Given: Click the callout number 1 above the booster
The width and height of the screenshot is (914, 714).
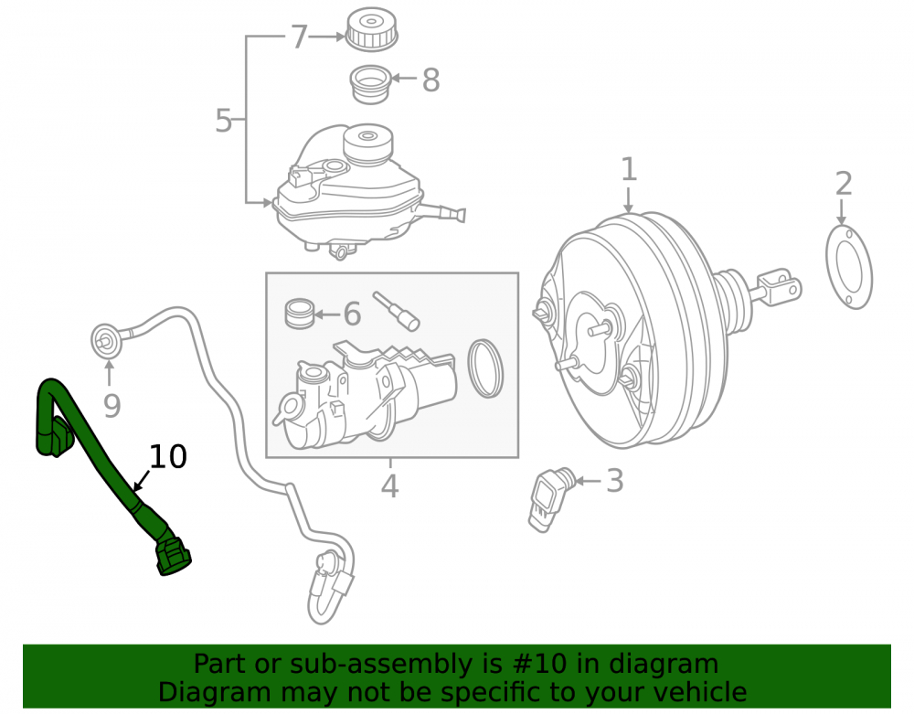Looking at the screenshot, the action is click(x=629, y=170).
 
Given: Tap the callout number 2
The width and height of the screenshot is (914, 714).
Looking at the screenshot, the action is click(x=844, y=184).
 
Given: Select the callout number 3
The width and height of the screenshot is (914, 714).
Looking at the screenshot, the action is click(x=615, y=481).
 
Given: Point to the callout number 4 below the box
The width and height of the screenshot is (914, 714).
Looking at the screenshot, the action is click(x=389, y=486).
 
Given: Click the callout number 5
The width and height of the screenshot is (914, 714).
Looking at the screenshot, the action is click(x=224, y=121).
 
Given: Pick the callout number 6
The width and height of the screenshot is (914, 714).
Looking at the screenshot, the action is click(x=352, y=314).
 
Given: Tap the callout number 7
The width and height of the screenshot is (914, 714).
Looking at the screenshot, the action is click(x=299, y=37).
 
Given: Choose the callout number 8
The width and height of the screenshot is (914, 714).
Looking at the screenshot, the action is click(x=430, y=80).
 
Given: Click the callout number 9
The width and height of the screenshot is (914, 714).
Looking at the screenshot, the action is click(x=112, y=406).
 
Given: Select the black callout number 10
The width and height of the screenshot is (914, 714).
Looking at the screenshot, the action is click(x=168, y=456).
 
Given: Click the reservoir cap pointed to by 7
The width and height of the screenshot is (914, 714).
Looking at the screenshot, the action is click(x=371, y=28).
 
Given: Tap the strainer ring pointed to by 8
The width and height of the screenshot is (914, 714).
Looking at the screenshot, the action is click(x=370, y=84).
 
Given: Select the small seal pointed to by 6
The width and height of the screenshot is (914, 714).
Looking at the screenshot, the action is click(x=300, y=314).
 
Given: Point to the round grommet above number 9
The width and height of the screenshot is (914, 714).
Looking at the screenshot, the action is click(x=107, y=340).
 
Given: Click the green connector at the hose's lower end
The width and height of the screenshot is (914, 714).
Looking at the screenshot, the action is click(x=173, y=556).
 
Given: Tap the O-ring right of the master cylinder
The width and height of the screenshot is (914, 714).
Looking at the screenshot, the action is click(x=485, y=368).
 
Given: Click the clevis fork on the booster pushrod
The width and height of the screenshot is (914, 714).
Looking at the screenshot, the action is click(x=780, y=286).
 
